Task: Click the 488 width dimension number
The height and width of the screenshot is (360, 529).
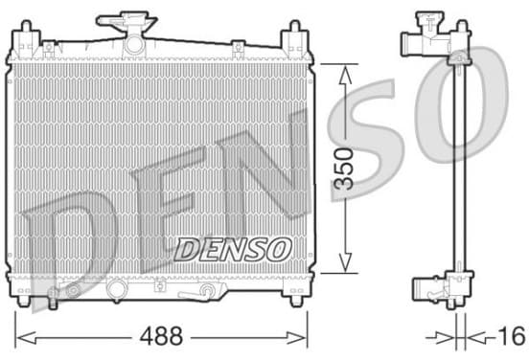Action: click(161, 336)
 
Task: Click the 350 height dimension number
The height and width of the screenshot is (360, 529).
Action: click(343, 169)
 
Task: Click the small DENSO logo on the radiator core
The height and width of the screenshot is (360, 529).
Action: click(233, 250)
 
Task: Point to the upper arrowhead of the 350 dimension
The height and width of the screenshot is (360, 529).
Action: click(345, 75)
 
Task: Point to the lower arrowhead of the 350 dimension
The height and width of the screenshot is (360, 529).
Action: click(345, 262)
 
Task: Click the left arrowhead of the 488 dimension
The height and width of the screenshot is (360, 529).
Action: click(26, 337)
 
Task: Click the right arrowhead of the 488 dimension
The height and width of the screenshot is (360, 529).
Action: click(296, 337)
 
